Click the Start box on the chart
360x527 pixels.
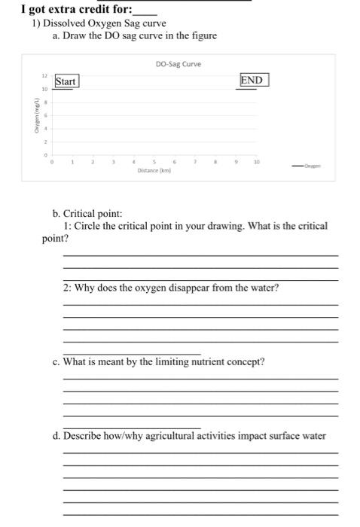coord(66,81)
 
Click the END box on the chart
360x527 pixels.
coord(252,80)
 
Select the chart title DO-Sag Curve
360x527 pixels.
coord(178,64)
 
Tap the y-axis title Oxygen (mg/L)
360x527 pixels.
coord(34,117)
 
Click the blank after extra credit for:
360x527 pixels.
coord(145,11)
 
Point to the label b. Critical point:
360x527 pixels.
coord(87,215)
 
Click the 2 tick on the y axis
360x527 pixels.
coord(44,141)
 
